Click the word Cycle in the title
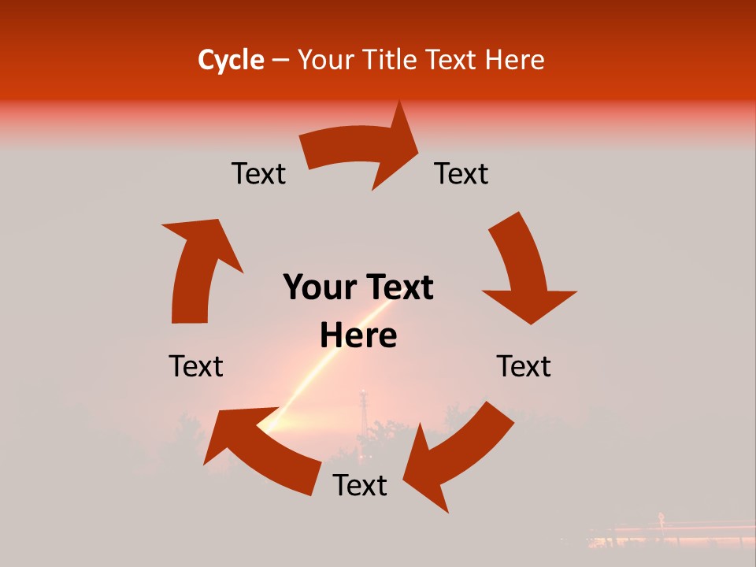231,60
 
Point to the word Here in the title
514,60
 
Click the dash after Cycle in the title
280,61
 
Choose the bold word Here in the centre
358,336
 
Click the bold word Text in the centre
397,287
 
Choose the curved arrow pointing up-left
260,449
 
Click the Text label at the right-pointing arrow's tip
461,173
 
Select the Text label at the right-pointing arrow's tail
258,173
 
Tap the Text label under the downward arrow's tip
524,366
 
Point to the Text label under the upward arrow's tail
196,366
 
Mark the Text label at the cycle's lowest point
360,485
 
